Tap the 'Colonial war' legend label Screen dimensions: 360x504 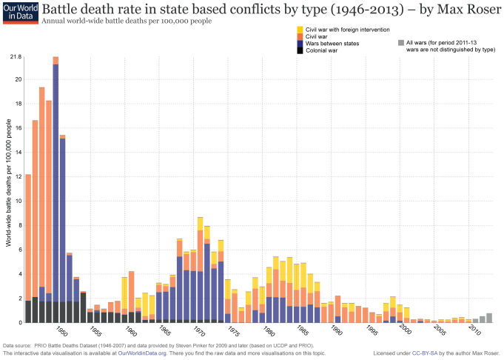(323, 50)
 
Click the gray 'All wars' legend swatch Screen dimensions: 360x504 (400, 43)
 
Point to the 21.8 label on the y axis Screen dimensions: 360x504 (15, 57)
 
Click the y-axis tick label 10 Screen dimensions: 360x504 (17, 201)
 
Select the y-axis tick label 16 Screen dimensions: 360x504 (17, 127)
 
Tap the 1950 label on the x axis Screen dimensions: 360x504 (63, 333)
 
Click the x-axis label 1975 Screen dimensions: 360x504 (234, 333)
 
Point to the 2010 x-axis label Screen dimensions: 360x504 (473, 333)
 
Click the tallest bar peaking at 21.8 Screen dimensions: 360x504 (56, 185)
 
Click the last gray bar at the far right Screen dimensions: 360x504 (489, 318)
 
